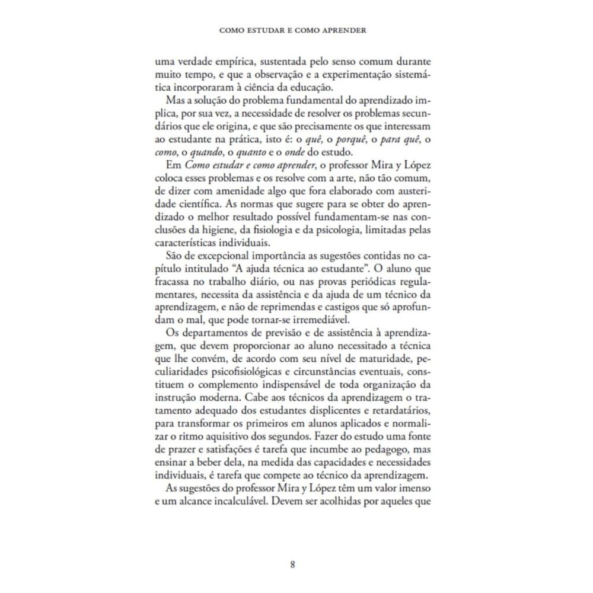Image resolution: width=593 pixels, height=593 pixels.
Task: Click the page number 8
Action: tap(292, 564)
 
